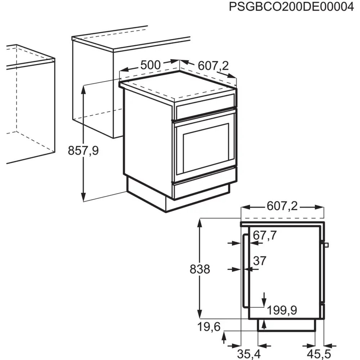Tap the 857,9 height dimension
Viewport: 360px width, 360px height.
pyautogui.click(x=83, y=150)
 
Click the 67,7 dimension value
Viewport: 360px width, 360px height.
pyautogui.click(x=265, y=235)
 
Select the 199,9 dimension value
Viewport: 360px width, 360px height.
pyautogui.click(x=282, y=310)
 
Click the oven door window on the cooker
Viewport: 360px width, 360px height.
pyautogui.click(x=206, y=147)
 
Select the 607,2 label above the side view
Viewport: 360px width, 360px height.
pyautogui.click(x=283, y=207)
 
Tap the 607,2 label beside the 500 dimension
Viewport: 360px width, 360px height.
pyautogui.click(x=213, y=66)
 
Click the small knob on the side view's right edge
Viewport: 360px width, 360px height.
pyautogui.click(x=326, y=245)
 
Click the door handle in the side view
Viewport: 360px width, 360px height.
pyautogui.click(x=244, y=271)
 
